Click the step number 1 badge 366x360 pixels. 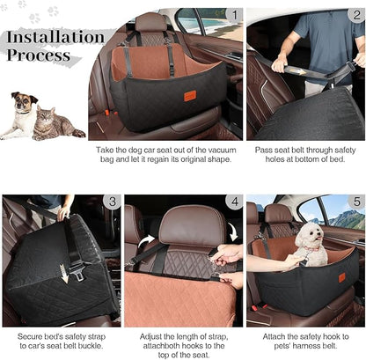(x=233, y=16)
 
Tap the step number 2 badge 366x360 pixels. (x=355, y=16)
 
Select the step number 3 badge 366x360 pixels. (x=111, y=202)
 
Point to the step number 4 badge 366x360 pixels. (x=233, y=202)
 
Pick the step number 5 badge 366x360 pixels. (x=355, y=202)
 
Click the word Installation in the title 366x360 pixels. (x=54, y=38)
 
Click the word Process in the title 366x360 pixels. (x=39, y=55)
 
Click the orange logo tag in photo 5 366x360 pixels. (x=341, y=277)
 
